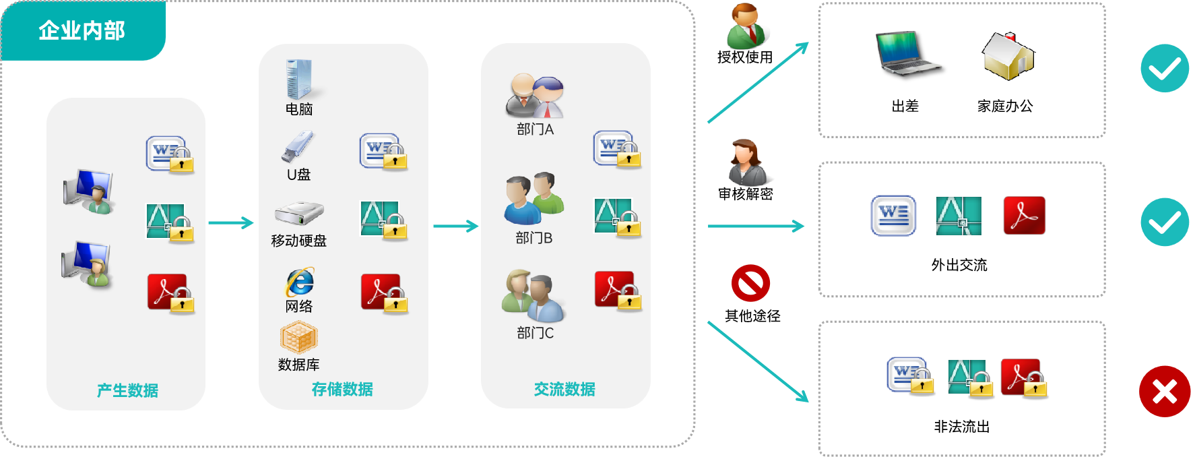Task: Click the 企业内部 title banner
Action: [82, 30]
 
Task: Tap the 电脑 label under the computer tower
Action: [298, 109]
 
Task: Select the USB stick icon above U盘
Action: [297, 147]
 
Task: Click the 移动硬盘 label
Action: [298, 241]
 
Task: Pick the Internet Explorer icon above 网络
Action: [299, 282]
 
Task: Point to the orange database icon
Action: [298, 337]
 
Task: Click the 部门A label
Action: [535, 129]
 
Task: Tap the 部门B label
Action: [534, 238]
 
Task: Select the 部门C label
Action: [535, 333]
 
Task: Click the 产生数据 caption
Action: [127, 390]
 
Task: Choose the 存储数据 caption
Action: [342, 389]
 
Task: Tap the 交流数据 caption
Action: [564, 389]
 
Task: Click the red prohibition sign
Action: [750, 283]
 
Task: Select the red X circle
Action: [1164, 392]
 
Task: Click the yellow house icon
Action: [1008, 56]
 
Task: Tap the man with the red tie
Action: [747, 27]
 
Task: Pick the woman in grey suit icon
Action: [747, 163]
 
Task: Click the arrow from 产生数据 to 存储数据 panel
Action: [231, 222]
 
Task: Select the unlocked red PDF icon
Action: [1024, 215]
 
